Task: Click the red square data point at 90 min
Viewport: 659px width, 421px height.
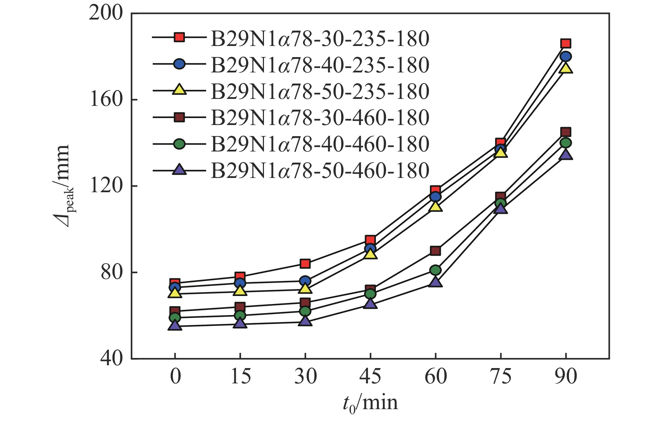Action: (566, 44)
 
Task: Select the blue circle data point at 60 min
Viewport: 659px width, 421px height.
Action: (435, 197)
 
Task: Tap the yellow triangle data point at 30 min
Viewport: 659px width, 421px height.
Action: (305, 289)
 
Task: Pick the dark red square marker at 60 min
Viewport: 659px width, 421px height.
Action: (435, 251)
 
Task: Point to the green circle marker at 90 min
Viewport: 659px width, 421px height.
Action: (566, 143)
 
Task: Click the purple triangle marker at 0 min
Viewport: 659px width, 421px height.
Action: (175, 326)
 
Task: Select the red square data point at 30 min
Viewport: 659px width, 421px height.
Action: (305, 264)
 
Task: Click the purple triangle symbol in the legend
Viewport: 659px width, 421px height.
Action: (179, 170)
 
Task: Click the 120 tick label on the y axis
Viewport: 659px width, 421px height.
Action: (106, 186)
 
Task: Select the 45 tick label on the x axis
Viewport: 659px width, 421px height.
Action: (370, 377)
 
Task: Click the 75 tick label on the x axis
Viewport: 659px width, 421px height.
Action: (501, 377)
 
